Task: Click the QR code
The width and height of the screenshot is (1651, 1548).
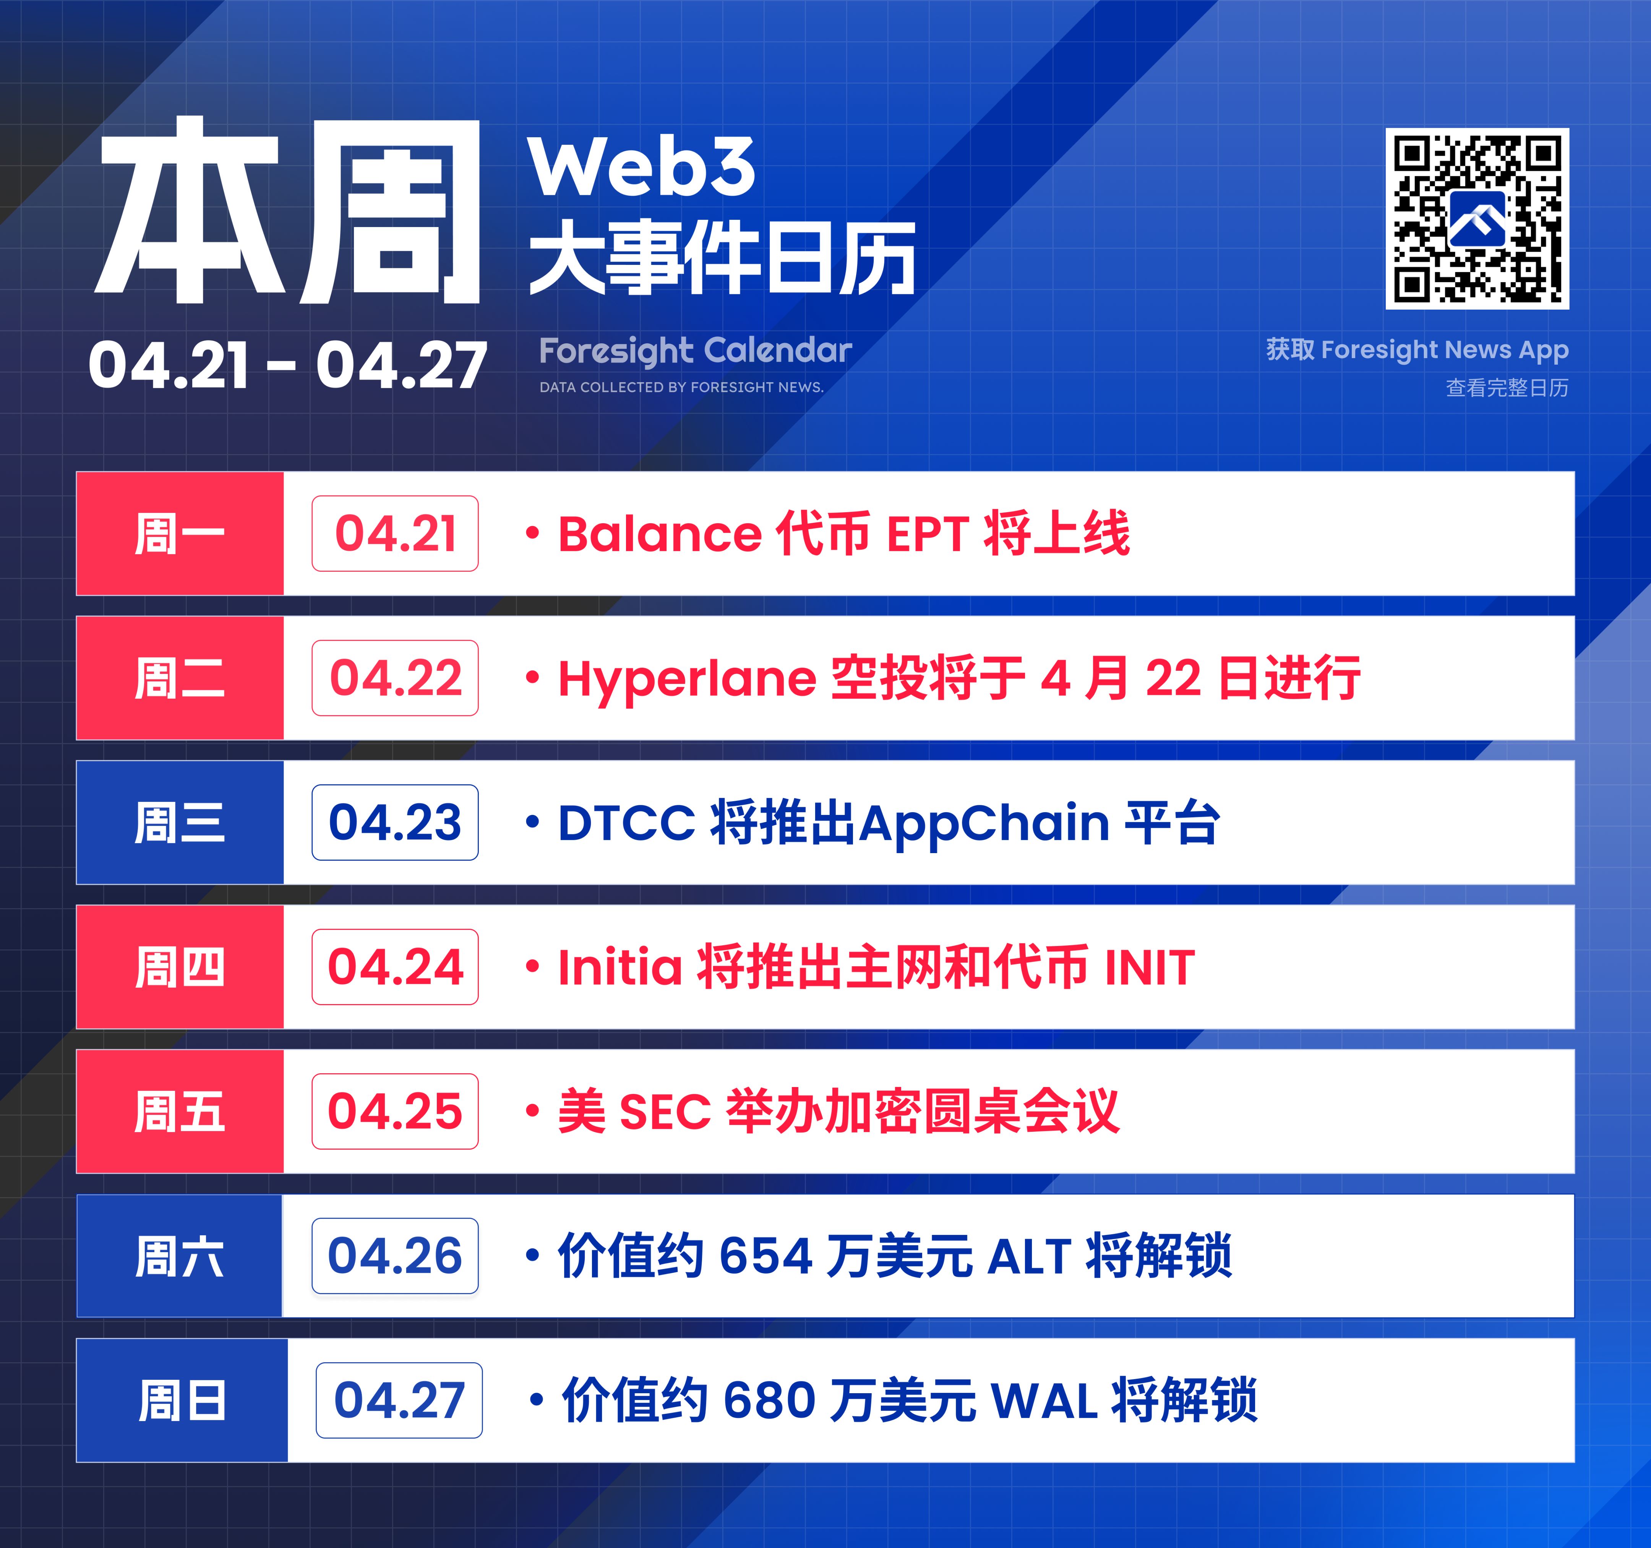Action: point(1477,218)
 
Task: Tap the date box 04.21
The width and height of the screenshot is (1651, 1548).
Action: point(395,533)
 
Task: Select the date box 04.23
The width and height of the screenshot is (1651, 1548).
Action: point(395,822)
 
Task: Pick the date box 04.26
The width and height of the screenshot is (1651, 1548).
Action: point(395,1256)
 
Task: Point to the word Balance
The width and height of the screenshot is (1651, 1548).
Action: point(659,533)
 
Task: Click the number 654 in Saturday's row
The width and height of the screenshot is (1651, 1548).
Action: point(765,1256)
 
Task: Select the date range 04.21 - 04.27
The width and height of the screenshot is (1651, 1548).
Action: point(287,365)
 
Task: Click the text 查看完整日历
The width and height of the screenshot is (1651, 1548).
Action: point(1507,388)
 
